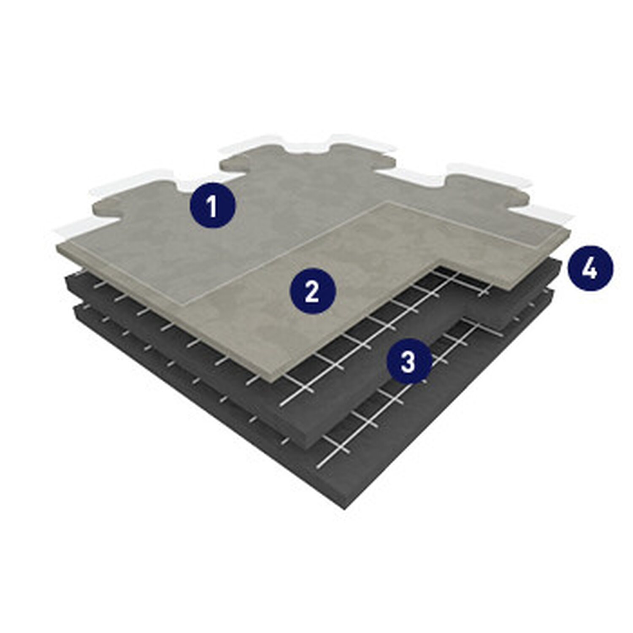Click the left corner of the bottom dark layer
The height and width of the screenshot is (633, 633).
74,308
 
